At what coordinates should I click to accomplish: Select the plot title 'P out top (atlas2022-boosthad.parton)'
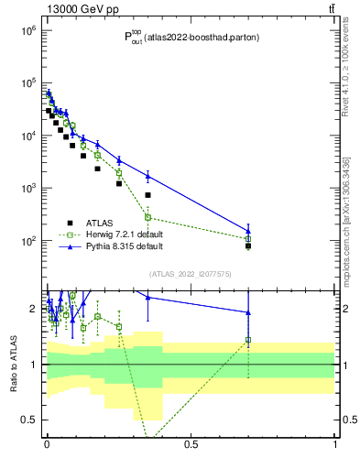click(190, 38)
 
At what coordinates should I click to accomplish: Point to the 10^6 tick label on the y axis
click(28, 30)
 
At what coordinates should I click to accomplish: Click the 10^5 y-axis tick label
click(28, 83)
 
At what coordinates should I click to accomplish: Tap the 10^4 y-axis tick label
click(28, 136)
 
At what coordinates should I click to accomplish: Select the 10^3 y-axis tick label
click(28, 188)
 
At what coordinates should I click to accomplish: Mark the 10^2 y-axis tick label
click(28, 241)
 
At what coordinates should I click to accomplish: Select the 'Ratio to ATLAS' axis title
click(13, 365)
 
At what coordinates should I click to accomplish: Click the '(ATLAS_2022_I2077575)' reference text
click(191, 274)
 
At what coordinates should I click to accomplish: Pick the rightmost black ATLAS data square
click(248, 245)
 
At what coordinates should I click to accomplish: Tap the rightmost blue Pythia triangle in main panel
click(248, 231)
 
